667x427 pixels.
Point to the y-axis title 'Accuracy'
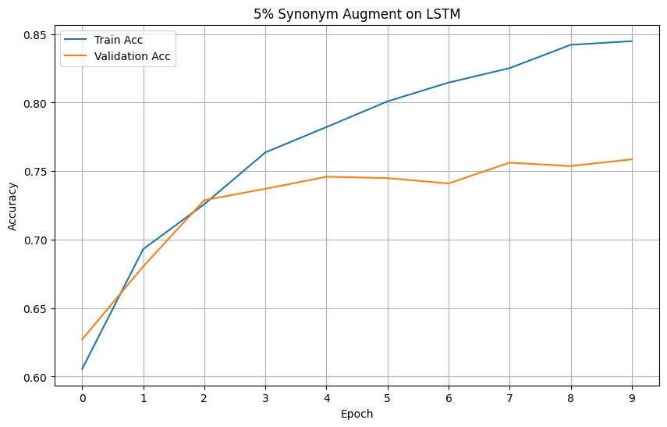pos(12,206)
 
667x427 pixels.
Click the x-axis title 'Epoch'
pos(357,414)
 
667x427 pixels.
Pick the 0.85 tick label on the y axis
pos(36,34)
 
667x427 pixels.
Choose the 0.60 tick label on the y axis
pos(36,377)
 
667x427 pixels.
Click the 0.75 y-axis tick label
pos(36,172)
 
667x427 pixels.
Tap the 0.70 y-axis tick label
pos(36,240)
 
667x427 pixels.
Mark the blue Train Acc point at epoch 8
pos(571,44)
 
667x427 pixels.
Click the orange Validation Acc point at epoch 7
pos(510,162)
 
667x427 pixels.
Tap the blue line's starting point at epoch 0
pos(82,369)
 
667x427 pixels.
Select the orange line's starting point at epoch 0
pos(82,340)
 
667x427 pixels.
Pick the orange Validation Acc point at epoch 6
pos(449,183)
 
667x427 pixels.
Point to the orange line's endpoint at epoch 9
pos(632,159)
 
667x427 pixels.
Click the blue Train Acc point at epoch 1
pos(143,249)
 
